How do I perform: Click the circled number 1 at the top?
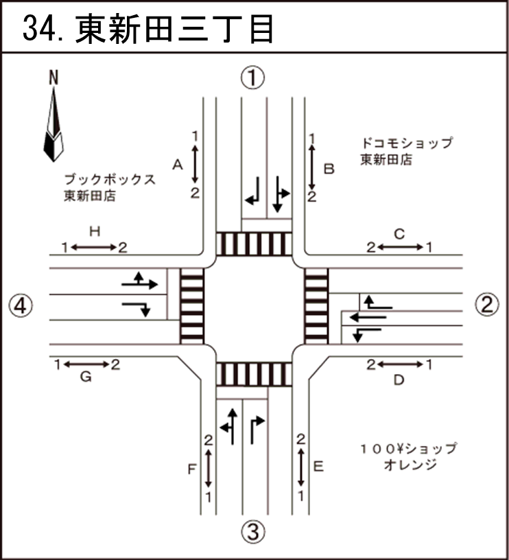coord(252,78)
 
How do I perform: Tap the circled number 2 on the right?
coord(487,305)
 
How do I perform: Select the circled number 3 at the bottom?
coord(252,531)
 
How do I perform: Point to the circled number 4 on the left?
coord(21,305)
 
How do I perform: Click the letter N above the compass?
coord(54,78)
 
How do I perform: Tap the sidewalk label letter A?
coord(178,165)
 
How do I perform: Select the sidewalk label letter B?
coord(329,169)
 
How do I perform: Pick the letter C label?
coord(399,234)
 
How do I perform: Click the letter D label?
coord(399,380)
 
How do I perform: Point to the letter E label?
coord(318,467)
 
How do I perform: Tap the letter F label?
coord(192,469)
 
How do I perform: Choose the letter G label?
coord(86,377)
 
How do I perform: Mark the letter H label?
coord(95,231)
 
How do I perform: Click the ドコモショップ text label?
coord(407,143)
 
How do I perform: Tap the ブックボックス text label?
coord(110,179)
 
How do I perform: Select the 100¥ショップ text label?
coord(409,448)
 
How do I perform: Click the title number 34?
coord(40,29)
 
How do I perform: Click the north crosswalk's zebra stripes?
coord(254,244)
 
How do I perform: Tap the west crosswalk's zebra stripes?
coord(192,306)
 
